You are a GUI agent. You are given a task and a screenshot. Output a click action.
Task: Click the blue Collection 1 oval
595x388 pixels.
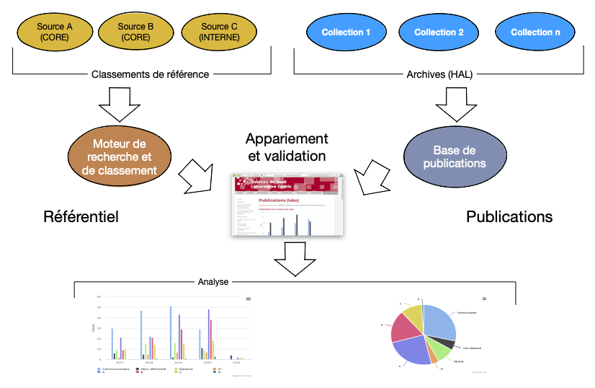(346, 32)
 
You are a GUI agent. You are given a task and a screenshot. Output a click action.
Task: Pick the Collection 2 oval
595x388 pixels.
(439, 32)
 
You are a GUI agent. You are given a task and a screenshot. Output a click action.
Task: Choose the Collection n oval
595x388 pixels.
(535, 32)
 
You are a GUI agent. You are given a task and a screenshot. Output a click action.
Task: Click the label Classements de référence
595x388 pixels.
(151, 74)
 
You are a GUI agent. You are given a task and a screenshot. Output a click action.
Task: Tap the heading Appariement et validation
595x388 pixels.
(286, 146)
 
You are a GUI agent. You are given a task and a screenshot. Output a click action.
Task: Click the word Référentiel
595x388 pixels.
(81, 216)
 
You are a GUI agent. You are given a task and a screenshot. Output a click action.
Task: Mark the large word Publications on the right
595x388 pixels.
(509, 216)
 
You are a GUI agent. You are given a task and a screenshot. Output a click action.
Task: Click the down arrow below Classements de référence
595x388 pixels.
(120, 104)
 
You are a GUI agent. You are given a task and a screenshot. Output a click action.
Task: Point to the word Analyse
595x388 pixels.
(213, 282)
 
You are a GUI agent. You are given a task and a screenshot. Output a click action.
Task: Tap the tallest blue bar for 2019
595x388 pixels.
(171, 332)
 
